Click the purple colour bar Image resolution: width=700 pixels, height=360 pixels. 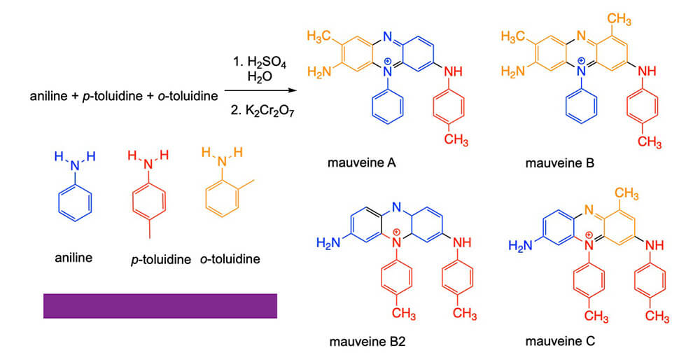coord(160,305)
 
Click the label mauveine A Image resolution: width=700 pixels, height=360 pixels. coord(362,163)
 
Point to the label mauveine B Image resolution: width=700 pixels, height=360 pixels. coord(560,163)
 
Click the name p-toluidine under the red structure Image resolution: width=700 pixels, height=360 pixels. coord(160,259)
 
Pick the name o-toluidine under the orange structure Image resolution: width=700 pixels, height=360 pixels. coord(230,259)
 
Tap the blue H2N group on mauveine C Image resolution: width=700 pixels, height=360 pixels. coord(522,245)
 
